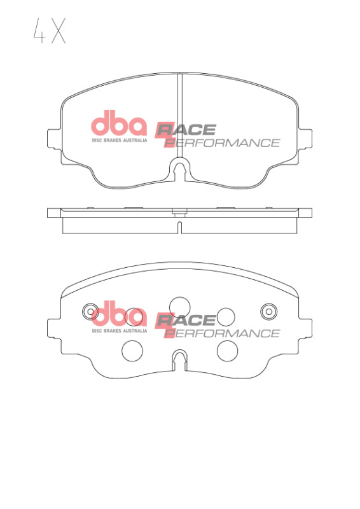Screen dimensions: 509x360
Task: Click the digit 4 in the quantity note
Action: coord(38,31)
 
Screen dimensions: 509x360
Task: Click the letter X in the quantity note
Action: coord(58,31)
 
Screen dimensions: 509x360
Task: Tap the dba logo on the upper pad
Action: coord(119,123)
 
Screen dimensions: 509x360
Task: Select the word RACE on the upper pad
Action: coord(186,130)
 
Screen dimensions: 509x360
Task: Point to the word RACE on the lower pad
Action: coord(186,321)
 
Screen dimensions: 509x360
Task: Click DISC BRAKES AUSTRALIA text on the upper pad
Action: coord(120,139)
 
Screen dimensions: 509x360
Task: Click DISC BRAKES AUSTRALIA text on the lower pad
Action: coord(120,330)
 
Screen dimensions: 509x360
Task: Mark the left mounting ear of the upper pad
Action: coord(54,138)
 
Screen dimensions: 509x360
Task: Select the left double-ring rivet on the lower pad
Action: coord(90,311)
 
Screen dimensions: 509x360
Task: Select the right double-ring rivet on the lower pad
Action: coord(269,311)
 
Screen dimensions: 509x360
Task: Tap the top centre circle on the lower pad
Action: coord(180,306)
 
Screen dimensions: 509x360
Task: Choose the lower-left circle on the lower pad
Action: coord(132,349)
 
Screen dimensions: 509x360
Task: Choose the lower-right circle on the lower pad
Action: coord(227,349)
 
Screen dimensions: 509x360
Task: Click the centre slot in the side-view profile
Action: coord(180,227)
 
